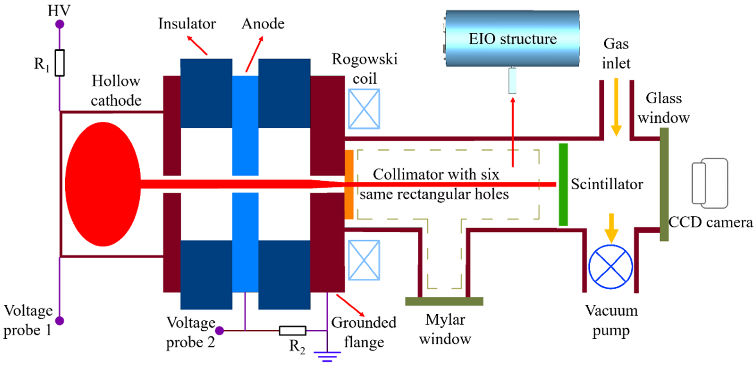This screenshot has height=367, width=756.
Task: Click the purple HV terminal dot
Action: coord(59,24)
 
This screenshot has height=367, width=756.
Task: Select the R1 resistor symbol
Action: coord(59,63)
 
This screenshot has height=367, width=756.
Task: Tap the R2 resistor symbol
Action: coord(293,331)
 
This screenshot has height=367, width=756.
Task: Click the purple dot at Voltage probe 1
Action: coord(59,321)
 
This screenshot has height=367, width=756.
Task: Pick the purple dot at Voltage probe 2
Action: coord(220,331)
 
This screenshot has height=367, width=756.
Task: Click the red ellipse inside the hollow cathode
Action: coord(103,184)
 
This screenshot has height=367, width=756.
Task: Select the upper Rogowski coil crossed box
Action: coord(364,109)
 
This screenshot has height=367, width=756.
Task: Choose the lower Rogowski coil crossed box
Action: coord(364,260)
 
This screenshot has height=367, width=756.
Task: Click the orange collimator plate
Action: coord(349,184)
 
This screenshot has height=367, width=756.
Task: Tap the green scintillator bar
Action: coord(563,184)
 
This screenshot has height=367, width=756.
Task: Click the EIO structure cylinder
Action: coord(512,38)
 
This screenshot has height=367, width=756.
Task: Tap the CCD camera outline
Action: coord(710,183)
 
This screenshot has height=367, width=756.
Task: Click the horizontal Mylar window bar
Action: coord(444,301)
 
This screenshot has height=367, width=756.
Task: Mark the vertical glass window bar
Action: coord(664,184)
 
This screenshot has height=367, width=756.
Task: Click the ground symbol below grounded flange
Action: coord(327,356)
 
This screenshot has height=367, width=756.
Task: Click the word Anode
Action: coord(263,23)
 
